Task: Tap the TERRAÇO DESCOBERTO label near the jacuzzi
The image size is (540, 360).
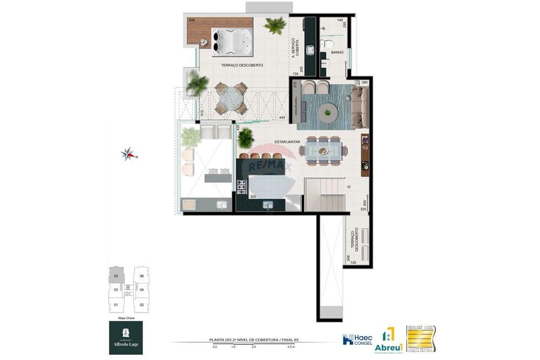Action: [x=242, y=65]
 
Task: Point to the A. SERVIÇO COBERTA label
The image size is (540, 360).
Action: [x=295, y=47]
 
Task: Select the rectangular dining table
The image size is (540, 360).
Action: [x=323, y=150]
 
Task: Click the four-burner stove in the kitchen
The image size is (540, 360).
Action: [x=241, y=186]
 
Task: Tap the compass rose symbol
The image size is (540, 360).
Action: [x=129, y=155]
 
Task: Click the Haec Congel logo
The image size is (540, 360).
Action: [x=357, y=339]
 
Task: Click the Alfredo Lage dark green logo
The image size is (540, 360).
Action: [x=126, y=337]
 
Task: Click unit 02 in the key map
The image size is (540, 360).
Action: [x=141, y=305]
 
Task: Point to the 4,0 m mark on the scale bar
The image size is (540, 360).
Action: [x=292, y=347]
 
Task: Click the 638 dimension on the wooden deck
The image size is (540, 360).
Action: [x=192, y=21]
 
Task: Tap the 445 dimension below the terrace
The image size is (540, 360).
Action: [x=281, y=117]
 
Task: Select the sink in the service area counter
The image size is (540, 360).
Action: [x=310, y=50]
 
